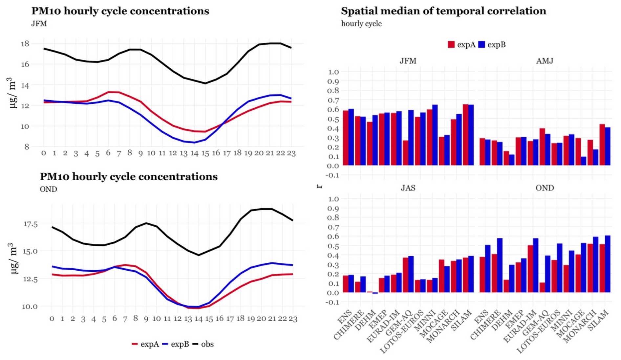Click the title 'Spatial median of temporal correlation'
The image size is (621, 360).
click(443, 11)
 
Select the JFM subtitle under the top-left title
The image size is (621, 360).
click(39, 24)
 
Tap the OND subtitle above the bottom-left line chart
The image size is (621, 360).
click(48, 189)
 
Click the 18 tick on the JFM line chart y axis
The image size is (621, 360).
click(25, 43)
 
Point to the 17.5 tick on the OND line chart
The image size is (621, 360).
click(30, 224)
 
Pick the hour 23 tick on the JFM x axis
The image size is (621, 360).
click(291, 153)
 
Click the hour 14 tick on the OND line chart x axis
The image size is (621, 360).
click(198, 319)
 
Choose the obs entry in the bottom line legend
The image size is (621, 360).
click(207, 344)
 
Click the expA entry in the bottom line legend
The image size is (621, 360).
click(149, 344)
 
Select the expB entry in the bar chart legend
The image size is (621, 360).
click(496, 45)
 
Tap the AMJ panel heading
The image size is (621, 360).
click(545, 61)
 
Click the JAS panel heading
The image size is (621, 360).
click(408, 188)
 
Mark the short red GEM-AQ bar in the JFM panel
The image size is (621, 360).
click(405, 153)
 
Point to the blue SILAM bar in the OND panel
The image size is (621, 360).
click(608, 264)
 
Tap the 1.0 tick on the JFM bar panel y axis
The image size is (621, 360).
click(333, 72)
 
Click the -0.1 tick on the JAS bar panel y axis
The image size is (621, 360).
click(332, 302)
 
